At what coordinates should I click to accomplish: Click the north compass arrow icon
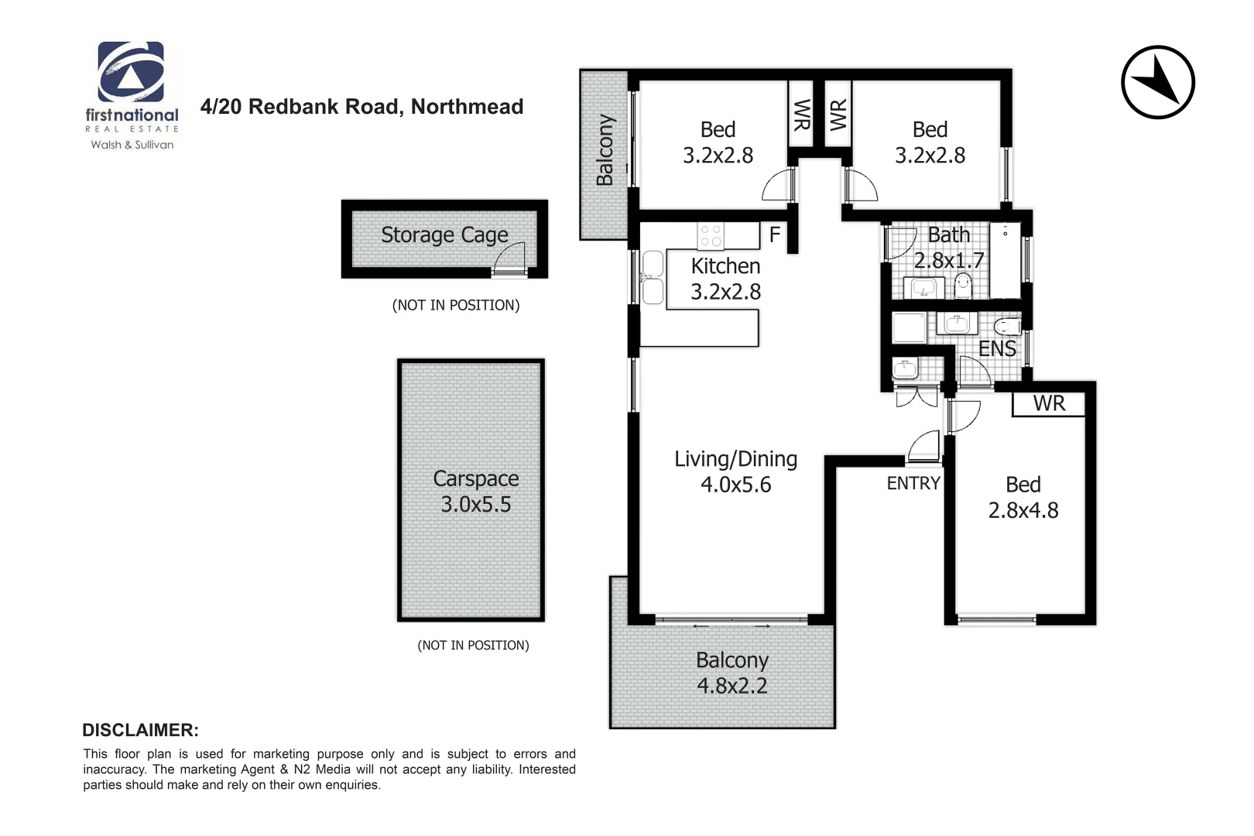pos(1157,82)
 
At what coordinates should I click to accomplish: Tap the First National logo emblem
pos(130,72)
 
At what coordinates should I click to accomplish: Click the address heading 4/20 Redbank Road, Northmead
pos(361,107)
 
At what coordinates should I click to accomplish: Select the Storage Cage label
pos(444,235)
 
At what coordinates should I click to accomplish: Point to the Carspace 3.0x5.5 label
pos(475,492)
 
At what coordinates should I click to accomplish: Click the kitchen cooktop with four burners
pos(711,236)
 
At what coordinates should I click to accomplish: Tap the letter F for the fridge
pos(774,235)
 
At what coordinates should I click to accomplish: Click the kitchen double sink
pos(653,277)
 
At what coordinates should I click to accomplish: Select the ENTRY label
pos(913,483)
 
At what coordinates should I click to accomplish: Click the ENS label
pos(997,349)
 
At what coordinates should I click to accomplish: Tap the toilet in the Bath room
pos(963,284)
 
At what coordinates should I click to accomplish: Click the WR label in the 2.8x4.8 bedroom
pos(1049,403)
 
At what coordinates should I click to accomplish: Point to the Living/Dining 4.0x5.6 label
pos(735,471)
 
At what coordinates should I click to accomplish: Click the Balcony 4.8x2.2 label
pos(731,673)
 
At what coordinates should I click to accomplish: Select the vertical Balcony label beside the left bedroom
pos(605,150)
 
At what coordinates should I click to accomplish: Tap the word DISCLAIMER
pos(140,730)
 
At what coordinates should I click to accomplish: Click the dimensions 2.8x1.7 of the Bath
pos(949,260)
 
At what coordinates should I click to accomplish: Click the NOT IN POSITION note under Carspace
pos(473,645)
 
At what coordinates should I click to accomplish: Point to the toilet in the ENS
pos(1007,326)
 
